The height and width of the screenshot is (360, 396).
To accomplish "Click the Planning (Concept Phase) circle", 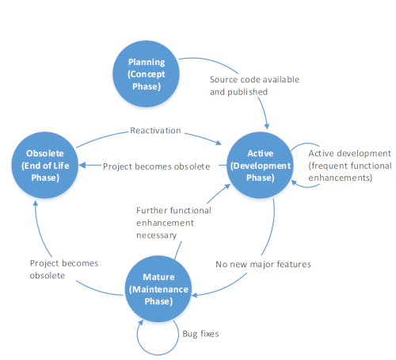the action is pyautogui.click(x=146, y=74).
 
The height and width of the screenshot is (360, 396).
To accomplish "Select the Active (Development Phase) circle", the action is pyautogui.click(x=260, y=165).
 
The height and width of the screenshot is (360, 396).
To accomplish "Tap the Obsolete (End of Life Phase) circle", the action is pyautogui.click(x=45, y=165).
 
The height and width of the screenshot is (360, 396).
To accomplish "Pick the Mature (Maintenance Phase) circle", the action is pyautogui.click(x=158, y=289).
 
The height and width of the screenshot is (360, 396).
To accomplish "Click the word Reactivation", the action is pyautogui.click(x=155, y=130).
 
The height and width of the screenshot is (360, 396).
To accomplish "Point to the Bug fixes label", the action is pyautogui.click(x=200, y=334).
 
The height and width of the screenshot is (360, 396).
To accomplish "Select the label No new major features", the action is pyautogui.click(x=263, y=264).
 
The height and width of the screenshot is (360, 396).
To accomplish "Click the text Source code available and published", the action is pyautogui.click(x=254, y=86).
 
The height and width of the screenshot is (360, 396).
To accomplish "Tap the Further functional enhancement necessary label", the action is pyautogui.click(x=173, y=223).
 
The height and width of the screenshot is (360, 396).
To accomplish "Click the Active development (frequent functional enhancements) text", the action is pyautogui.click(x=350, y=166).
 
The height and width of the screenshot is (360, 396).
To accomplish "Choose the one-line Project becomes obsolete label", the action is pyautogui.click(x=156, y=167).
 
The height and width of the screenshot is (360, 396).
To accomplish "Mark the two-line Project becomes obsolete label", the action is pyautogui.click(x=64, y=270).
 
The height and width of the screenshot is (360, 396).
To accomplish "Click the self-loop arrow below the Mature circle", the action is pyautogui.click(x=158, y=354).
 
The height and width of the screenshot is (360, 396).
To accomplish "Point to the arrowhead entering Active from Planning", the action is pyautogui.click(x=267, y=127).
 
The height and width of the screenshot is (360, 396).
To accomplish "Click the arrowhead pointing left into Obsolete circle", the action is pyautogui.click(x=82, y=166).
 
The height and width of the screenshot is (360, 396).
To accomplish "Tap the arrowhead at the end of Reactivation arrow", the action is pyautogui.click(x=219, y=143).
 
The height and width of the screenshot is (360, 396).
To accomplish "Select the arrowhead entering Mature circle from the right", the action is pyautogui.click(x=195, y=295).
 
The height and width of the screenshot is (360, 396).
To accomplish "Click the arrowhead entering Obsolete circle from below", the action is pyautogui.click(x=36, y=203).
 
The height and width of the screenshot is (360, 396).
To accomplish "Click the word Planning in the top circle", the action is pyautogui.click(x=147, y=62).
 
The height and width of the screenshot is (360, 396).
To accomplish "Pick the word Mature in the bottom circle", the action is pyautogui.click(x=158, y=277).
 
